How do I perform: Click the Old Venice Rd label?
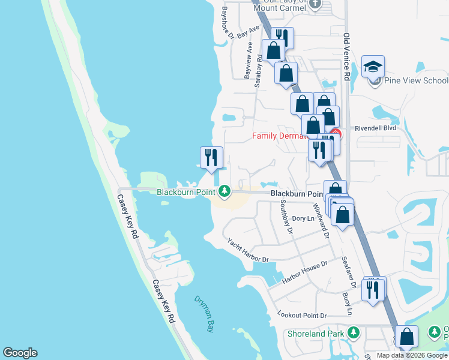346,56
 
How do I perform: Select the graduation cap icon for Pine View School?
373,67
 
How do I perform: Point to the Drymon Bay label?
204,313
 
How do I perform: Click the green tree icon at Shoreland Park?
354,332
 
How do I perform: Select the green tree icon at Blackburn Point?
225,191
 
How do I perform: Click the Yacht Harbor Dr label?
247,250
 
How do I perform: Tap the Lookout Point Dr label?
302,315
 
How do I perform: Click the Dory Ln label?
303,219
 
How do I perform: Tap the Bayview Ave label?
247,62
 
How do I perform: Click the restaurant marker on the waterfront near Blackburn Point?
211,158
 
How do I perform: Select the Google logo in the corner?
20,353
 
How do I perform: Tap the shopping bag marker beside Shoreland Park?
407,337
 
